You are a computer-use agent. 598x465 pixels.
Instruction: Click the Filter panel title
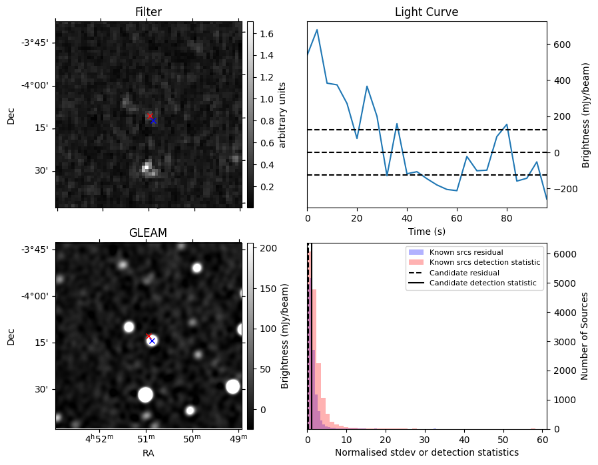click(148, 12)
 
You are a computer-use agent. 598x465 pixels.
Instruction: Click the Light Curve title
click(426, 12)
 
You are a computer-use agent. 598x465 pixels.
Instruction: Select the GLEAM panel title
click(148, 233)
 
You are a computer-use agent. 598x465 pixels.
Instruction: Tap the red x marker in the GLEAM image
click(149, 337)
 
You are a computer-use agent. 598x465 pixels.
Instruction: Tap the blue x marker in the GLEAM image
click(152, 341)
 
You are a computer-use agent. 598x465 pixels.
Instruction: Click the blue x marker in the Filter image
click(153, 120)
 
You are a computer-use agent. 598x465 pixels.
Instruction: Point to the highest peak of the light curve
click(317, 30)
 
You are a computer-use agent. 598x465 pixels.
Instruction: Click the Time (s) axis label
click(426, 232)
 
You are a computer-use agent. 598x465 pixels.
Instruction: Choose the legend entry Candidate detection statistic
click(483, 283)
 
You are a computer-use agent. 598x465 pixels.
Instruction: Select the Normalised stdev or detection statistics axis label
click(426, 453)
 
